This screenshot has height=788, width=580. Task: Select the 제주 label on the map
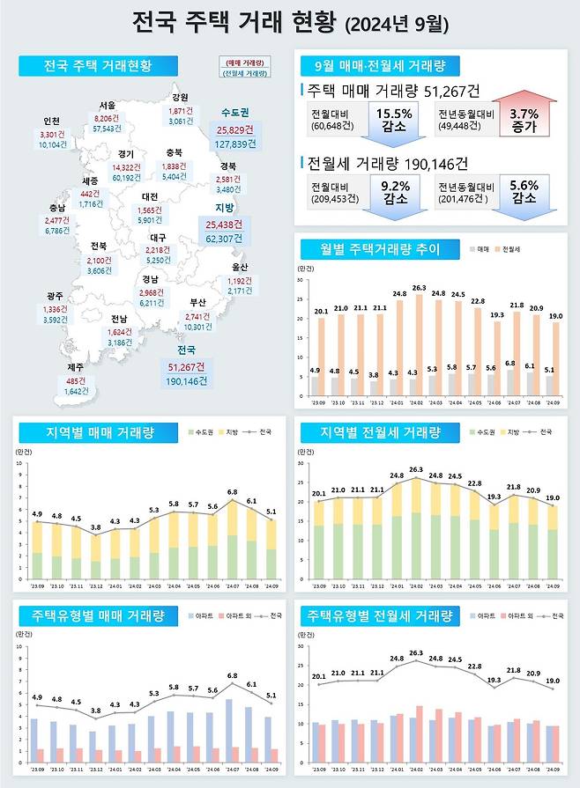52,367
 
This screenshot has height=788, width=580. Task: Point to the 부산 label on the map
197,304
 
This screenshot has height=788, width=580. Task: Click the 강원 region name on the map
180,98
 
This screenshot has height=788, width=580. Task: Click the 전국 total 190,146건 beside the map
185,381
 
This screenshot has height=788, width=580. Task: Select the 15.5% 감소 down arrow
394,121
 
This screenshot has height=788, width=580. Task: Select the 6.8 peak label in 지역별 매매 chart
232,492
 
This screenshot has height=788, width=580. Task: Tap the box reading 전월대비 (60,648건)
334,121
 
